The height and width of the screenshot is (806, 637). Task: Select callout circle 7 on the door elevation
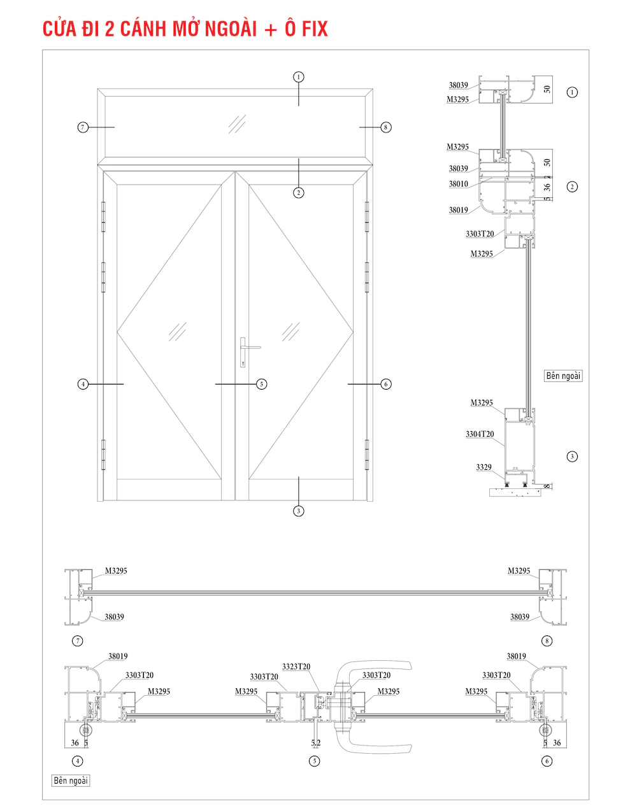click(x=83, y=127)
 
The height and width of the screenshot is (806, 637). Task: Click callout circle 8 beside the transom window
click(x=385, y=127)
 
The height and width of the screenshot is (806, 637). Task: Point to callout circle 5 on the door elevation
click(x=261, y=384)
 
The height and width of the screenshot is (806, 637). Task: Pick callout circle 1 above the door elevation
click(x=299, y=77)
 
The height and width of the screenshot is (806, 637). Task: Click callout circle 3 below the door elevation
click(x=299, y=511)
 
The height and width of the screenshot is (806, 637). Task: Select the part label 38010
click(x=458, y=184)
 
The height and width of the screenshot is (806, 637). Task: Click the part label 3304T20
click(x=480, y=434)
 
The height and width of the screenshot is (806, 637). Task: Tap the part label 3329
click(x=483, y=467)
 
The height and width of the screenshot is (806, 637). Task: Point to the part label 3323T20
click(x=296, y=667)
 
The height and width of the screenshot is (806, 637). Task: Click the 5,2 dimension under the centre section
click(x=316, y=743)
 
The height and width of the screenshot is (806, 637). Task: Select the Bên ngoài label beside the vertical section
click(x=563, y=376)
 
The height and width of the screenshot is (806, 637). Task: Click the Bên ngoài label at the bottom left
click(x=71, y=780)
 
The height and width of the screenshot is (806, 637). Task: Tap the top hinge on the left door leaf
click(x=103, y=217)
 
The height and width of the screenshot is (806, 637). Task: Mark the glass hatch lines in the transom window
click(x=237, y=124)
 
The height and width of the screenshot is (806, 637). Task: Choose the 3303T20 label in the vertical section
click(x=480, y=234)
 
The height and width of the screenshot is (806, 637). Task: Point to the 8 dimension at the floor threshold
click(x=547, y=487)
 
